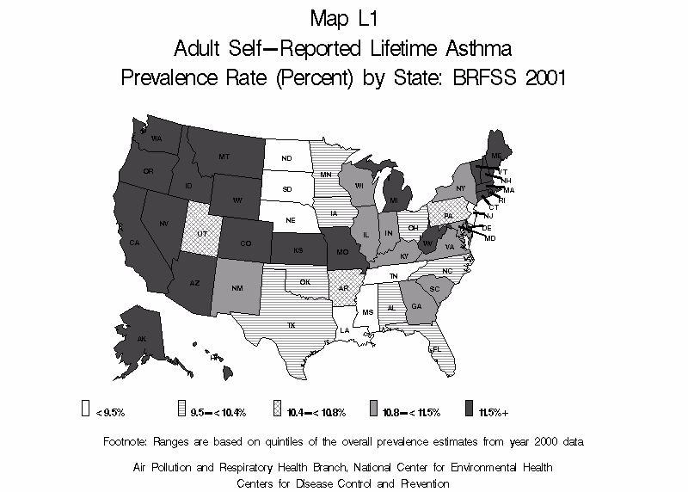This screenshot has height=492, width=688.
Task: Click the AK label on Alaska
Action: [x=143, y=339]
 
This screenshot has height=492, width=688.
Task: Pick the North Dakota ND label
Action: [x=286, y=157]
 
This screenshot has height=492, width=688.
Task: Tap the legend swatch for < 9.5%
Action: [x=86, y=410]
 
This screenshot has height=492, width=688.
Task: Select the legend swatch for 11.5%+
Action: [x=468, y=410]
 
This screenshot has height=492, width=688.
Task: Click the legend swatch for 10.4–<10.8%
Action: [x=277, y=410]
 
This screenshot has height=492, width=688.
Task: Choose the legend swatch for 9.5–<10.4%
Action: [x=181, y=410]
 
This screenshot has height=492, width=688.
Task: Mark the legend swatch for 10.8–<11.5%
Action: [x=373, y=410]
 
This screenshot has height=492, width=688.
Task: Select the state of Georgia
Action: [x=416, y=307]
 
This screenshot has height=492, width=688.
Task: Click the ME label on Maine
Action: [x=496, y=155]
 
